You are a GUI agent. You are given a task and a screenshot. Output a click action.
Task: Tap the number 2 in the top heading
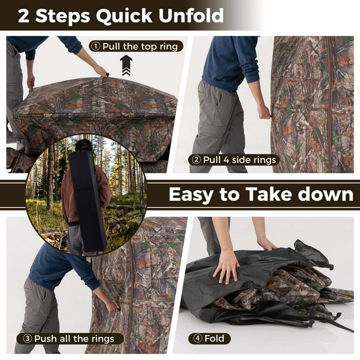pos(24,15)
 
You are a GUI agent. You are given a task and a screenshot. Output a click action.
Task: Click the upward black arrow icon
pos(126,65)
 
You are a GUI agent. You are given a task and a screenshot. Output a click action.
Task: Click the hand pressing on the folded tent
pos(227,266)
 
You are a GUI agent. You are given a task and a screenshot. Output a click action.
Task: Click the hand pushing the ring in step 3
pos(111,307)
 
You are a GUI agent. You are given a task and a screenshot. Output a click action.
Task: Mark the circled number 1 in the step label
pos(96,46)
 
